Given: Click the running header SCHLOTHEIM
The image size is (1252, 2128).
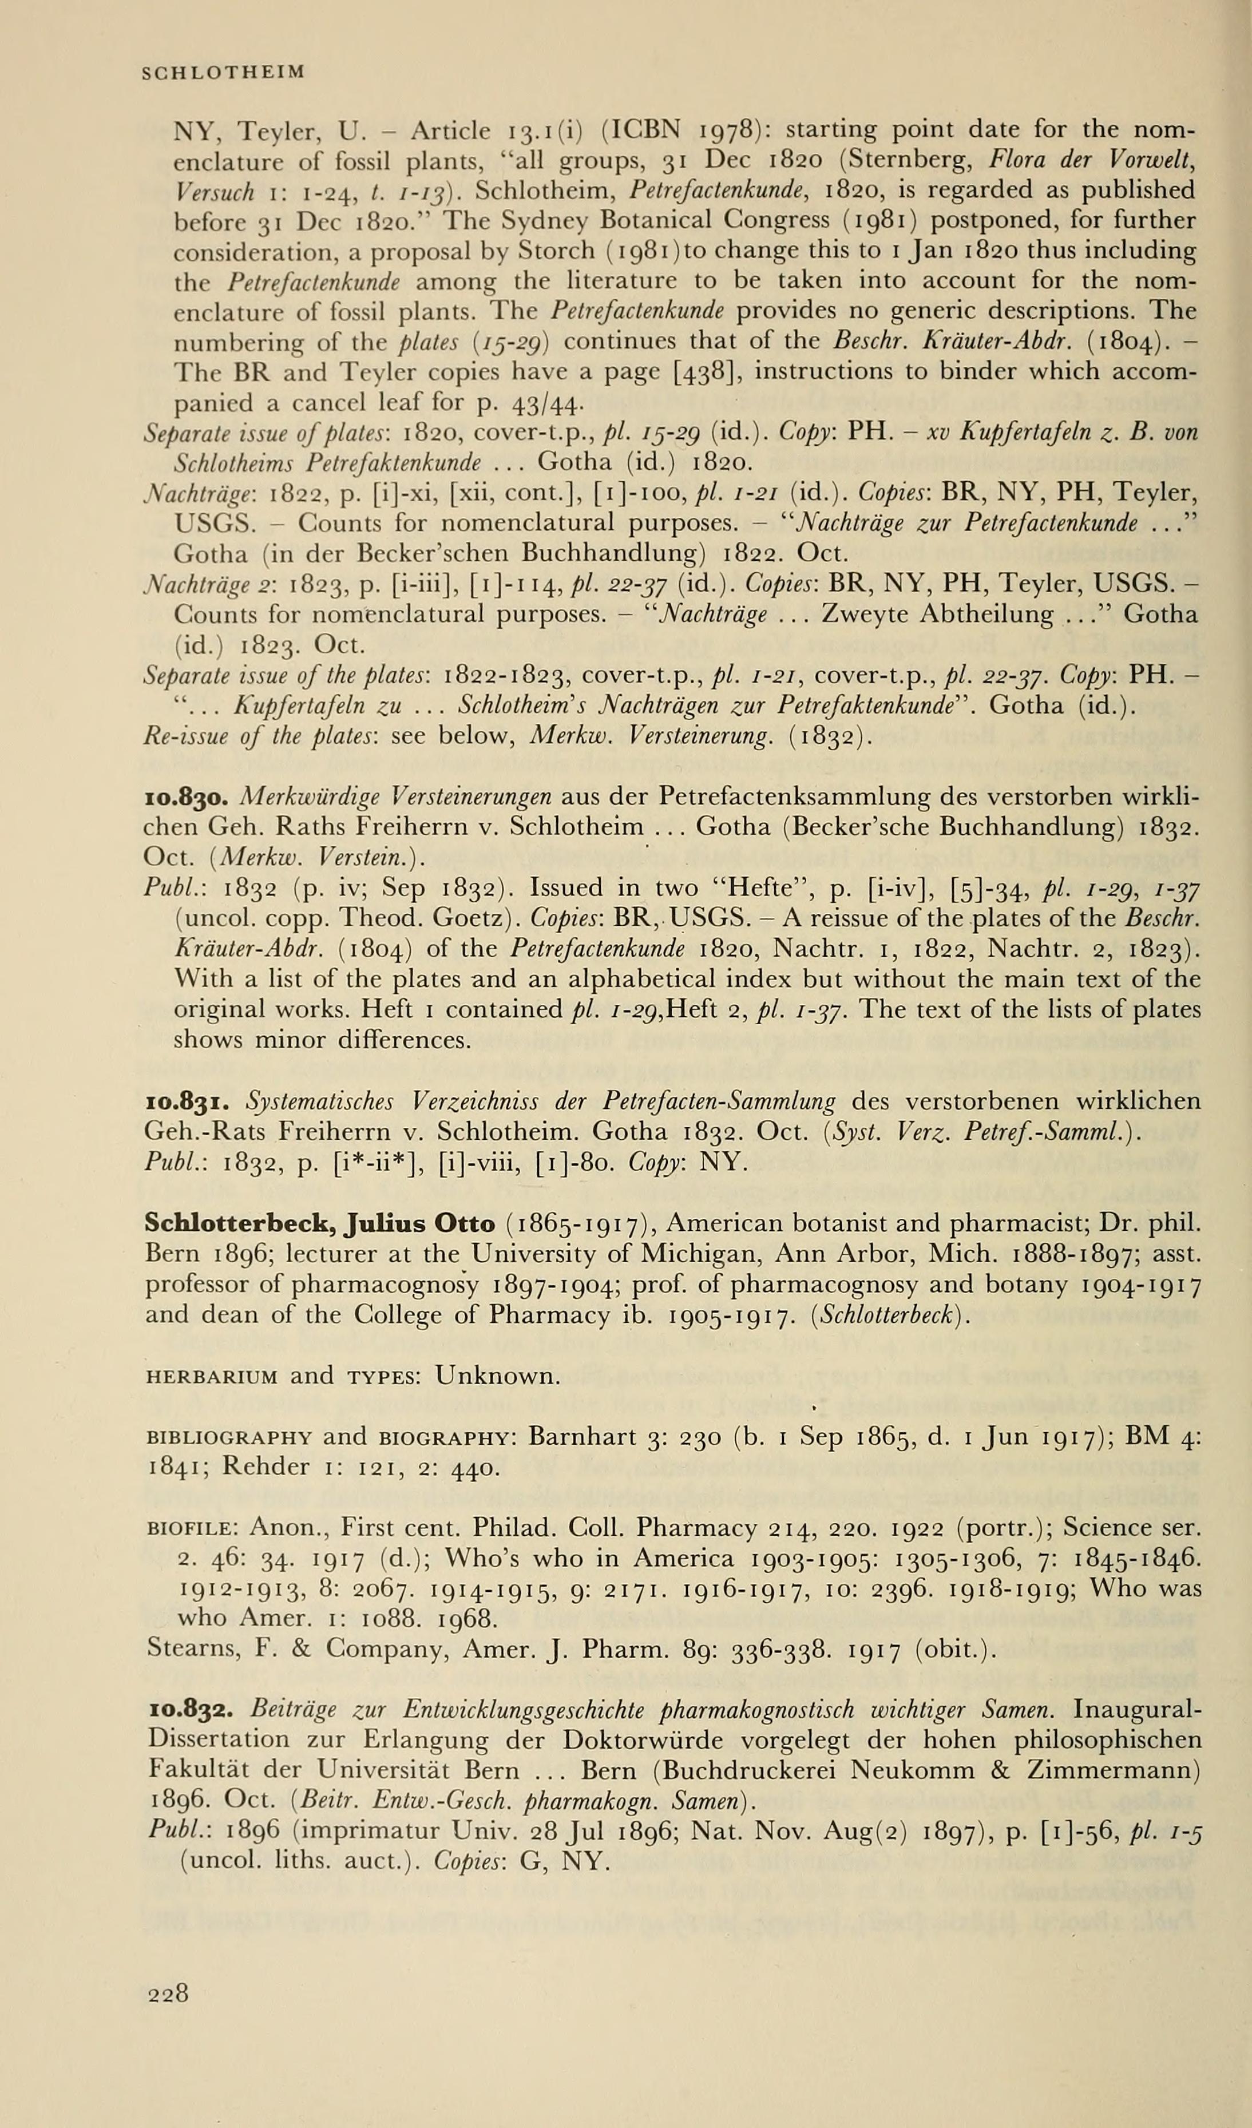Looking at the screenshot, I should pos(223,73).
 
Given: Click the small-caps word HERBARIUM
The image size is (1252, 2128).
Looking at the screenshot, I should pos(212,1377).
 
